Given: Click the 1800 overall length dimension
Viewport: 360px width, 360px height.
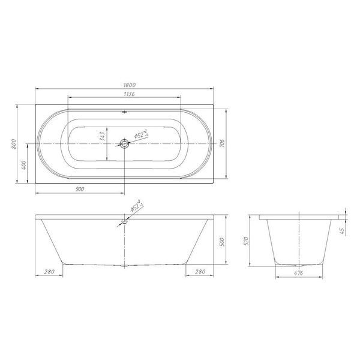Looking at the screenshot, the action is click(x=130, y=85).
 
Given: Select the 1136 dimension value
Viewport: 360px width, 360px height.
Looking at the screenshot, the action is click(x=129, y=94).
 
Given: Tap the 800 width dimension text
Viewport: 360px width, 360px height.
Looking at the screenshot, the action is click(x=14, y=144).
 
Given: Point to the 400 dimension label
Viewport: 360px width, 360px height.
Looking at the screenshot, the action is click(x=23, y=165).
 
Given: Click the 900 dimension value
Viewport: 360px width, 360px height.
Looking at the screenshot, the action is click(x=80, y=189).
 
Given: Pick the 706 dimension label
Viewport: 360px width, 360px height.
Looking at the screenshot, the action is click(x=222, y=143).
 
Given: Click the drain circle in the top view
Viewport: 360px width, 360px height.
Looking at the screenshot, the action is click(x=124, y=144).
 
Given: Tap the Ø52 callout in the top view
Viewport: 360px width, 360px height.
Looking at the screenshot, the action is click(x=141, y=134).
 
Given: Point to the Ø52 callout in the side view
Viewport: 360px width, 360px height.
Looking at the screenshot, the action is click(x=137, y=205).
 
